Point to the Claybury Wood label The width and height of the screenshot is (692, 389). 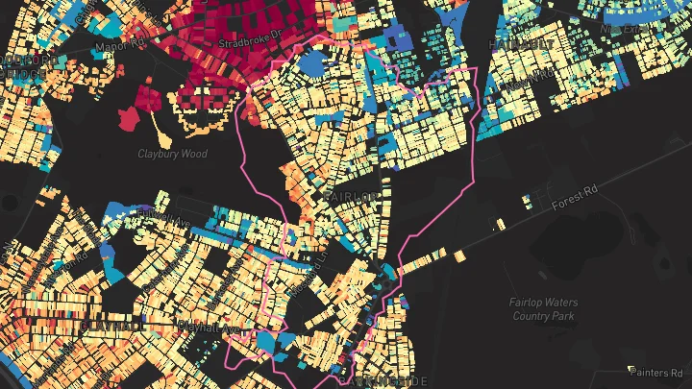coord(172,154)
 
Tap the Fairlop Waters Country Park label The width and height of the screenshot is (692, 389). coord(543,309)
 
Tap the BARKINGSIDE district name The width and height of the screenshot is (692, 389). coord(384,381)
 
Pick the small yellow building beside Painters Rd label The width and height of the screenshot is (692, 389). coord(631,369)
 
